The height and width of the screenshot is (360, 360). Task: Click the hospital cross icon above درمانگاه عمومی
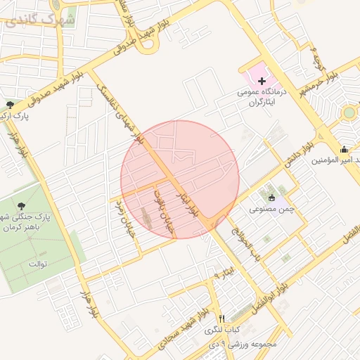[x=252, y=82]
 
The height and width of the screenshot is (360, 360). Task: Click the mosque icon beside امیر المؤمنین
[x=344, y=148]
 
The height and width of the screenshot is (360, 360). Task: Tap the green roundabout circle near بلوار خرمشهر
[x=349, y=112]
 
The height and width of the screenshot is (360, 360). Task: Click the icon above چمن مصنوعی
[x=271, y=198]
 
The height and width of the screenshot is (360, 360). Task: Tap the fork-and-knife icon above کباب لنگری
[x=221, y=318]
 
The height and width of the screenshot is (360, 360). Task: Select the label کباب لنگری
[x=222, y=329]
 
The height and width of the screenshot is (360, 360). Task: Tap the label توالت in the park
[x=37, y=264]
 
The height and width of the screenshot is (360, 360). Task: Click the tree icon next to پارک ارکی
[x=8, y=105]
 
